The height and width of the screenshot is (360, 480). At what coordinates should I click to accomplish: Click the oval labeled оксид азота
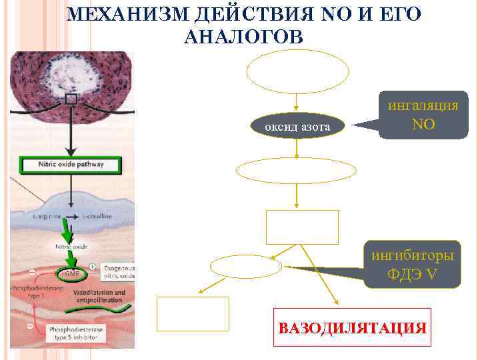298,126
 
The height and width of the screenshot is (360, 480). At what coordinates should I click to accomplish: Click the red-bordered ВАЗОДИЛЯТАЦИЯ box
352,327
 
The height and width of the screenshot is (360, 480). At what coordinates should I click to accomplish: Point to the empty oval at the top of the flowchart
298,71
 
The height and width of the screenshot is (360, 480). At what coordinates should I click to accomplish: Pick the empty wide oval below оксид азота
296,171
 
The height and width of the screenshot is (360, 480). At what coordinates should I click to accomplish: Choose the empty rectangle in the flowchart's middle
303,227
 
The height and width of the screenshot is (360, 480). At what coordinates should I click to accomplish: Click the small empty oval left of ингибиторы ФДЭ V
246,267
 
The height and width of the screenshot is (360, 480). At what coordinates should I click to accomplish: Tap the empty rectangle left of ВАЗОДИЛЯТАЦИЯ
193,314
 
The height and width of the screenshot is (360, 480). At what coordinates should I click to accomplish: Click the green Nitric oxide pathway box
71,165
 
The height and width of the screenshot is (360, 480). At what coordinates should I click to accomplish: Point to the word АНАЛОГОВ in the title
243,37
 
